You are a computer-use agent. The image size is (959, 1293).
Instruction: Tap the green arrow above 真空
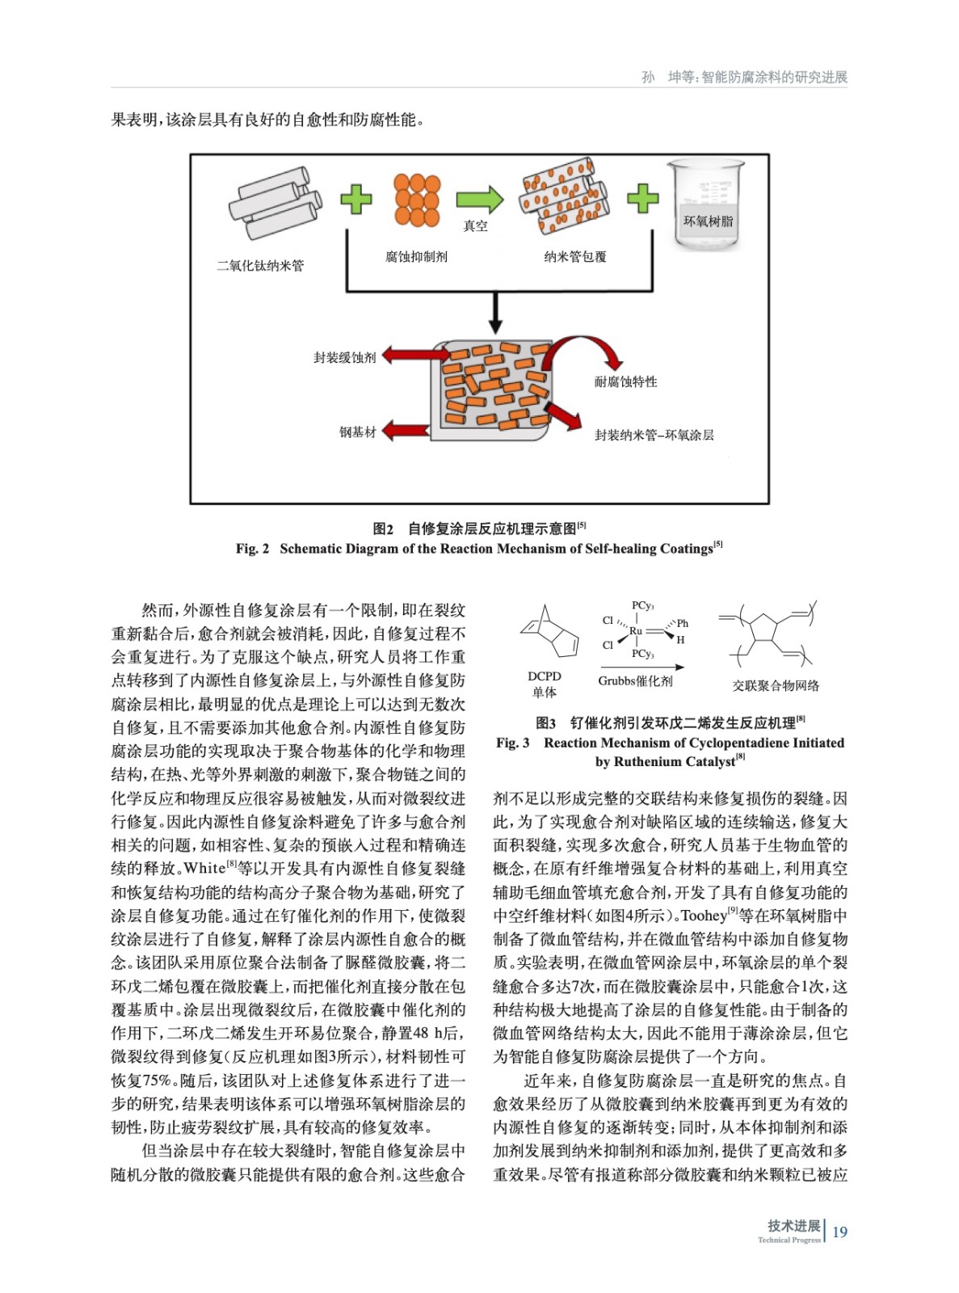point(479,200)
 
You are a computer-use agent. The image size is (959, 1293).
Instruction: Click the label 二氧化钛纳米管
point(260,266)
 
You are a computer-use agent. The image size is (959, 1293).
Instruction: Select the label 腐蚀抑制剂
point(416,257)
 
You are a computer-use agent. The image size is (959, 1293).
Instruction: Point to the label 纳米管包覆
point(575,257)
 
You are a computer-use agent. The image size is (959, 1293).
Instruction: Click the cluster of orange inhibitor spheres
point(417,200)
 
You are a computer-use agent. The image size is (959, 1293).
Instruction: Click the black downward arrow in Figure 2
point(496,313)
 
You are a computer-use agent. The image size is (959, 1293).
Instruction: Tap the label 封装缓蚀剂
point(345,357)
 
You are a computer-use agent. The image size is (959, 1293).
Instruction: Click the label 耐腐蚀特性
point(626,381)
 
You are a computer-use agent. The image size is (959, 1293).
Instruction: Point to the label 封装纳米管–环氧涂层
point(654,435)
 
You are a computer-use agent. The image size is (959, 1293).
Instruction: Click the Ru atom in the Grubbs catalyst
point(636,631)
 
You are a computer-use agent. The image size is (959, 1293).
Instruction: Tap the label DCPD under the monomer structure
point(545,676)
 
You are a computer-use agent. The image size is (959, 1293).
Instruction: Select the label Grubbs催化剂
point(636,681)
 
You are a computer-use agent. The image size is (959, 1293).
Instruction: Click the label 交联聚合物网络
point(776,685)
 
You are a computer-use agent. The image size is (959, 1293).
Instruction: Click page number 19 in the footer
point(840,1232)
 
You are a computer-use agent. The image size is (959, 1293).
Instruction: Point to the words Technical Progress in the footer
point(789,1240)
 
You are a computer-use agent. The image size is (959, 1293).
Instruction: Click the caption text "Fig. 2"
point(252,549)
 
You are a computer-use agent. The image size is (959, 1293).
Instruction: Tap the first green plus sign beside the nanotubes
point(355,199)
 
